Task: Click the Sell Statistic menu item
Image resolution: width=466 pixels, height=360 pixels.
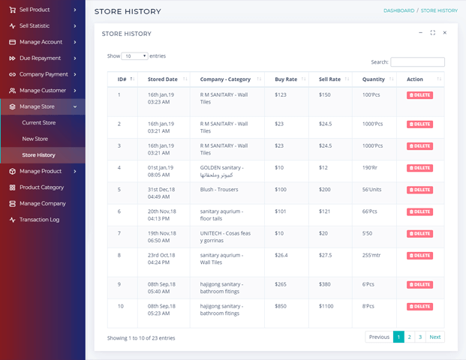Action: [x=34, y=25]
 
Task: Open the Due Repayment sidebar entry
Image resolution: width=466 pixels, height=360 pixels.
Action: [x=40, y=58]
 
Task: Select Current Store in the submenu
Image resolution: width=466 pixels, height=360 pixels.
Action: [x=38, y=122]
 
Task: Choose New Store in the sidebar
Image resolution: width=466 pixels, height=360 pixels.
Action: [x=35, y=139]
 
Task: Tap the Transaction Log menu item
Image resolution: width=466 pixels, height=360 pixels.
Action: [x=39, y=220]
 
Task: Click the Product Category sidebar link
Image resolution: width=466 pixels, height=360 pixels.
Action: [x=41, y=187]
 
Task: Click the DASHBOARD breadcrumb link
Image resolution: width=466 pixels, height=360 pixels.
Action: [x=398, y=10]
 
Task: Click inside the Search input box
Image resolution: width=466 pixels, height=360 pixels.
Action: [x=417, y=62]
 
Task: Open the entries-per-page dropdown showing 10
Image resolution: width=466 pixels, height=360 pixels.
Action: [x=134, y=56]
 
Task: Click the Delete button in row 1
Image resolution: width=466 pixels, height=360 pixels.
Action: [x=419, y=95]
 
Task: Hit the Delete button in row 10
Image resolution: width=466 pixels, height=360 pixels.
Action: [x=419, y=307]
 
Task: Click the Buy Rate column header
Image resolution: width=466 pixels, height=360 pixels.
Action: [x=286, y=79]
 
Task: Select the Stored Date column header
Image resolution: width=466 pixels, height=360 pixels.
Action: [x=163, y=79]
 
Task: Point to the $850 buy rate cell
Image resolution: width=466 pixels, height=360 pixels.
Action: [x=281, y=306]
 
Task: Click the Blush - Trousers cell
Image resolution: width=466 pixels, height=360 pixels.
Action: [x=219, y=190]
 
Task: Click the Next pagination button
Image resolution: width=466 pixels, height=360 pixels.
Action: [x=434, y=337]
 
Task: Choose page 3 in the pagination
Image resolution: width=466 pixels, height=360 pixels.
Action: [x=419, y=337]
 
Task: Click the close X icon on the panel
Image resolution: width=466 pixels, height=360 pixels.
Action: [x=444, y=33]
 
